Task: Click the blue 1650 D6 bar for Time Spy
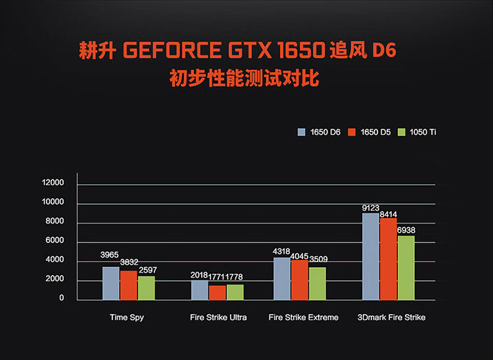111,283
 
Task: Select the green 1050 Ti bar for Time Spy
147,288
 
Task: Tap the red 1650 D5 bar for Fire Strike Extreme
300,280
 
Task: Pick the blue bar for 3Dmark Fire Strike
371,256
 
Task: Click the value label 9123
371,208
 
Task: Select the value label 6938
406,230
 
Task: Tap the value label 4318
282,252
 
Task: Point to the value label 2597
147,270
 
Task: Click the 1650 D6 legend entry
320,132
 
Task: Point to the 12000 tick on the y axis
52,183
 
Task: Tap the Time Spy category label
127,317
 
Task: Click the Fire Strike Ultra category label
218,317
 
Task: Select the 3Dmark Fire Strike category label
391,317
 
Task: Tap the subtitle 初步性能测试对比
244,79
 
